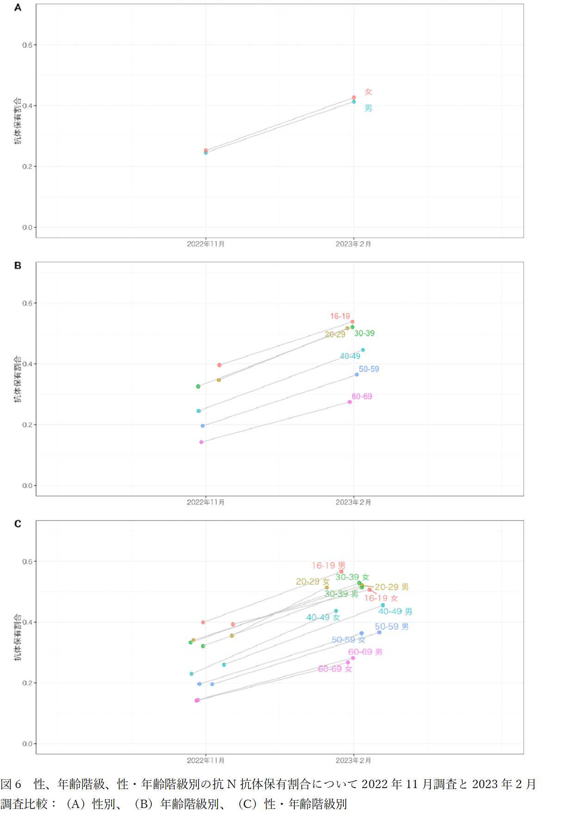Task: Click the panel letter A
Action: tap(18, 7)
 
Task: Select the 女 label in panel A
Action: tap(368, 92)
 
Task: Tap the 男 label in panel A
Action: tap(368, 108)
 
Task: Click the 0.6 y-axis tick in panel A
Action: tap(27, 45)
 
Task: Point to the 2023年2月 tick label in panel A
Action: tap(354, 244)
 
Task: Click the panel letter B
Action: tap(18, 265)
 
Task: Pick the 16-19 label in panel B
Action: tap(340, 316)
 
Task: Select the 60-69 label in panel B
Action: tap(362, 396)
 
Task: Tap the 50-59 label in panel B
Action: tap(369, 369)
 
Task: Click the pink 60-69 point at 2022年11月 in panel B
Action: tap(201, 442)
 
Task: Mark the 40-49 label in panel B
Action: tap(350, 356)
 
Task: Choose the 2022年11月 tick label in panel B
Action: tap(205, 502)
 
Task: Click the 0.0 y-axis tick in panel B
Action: tap(27, 486)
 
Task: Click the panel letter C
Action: tap(18, 524)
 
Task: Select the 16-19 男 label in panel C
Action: tap(329, 566)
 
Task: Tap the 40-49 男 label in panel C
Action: tap(395, 611)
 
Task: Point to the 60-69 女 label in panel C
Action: tap(335, 669)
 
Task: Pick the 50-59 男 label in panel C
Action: tap(392, 627)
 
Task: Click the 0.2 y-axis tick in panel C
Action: tap(27, 683)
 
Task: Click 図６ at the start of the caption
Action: tap(11, 784)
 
